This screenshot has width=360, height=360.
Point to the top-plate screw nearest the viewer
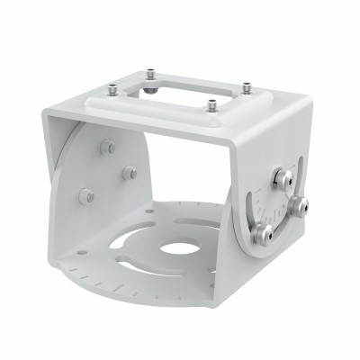coord(212,106)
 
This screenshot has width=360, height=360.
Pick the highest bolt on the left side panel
coord(107,147)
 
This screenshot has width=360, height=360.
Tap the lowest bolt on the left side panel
coord(86,195)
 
